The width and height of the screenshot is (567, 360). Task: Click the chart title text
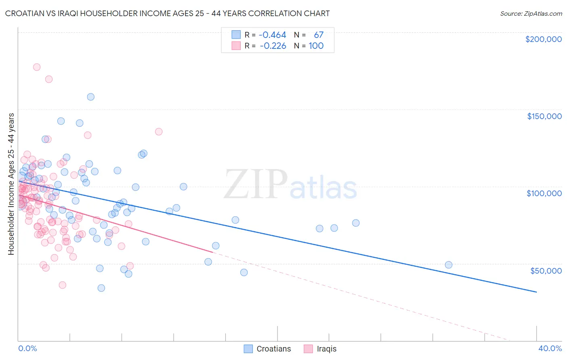(167, 13)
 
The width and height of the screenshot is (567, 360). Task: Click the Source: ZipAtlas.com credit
(531, 13)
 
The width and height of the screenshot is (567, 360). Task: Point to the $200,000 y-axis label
(543, 39)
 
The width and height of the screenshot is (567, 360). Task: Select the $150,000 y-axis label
(544, 116)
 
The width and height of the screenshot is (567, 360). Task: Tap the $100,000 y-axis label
(544, 193)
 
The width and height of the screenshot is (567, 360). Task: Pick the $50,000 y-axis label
(546, 270)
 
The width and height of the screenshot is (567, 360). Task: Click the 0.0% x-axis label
(27, 348)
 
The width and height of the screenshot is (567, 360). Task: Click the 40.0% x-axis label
(550, 348)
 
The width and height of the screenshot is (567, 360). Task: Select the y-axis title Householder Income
(11, 184)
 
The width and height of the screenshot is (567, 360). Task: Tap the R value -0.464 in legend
(273, 35)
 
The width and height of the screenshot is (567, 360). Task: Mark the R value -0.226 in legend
(273, 46)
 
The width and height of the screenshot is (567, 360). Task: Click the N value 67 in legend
(319, 35)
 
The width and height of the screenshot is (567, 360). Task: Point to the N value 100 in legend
(316, 46)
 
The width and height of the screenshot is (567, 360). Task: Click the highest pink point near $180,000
(37, 67)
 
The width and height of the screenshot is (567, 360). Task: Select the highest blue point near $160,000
(91, 97)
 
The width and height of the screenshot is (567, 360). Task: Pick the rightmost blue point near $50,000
(448, 265)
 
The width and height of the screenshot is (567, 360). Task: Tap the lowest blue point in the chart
(101, 288)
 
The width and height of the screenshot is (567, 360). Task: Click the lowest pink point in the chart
(63, 285)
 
